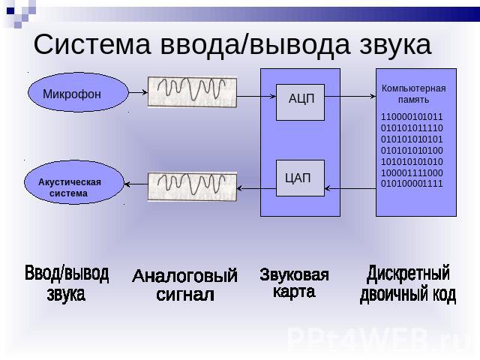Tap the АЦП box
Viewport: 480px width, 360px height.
tap(301, 101)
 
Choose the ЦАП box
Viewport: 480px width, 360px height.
tap(299, 178)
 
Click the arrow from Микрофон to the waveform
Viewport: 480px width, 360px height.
tap(136, 93)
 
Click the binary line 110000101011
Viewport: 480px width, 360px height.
tap(412, 118)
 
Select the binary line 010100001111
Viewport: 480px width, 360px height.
tap(412, 184)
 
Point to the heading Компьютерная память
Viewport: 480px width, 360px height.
tap(413, 94)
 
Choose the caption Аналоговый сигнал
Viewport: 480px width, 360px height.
tap(184, 286)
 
